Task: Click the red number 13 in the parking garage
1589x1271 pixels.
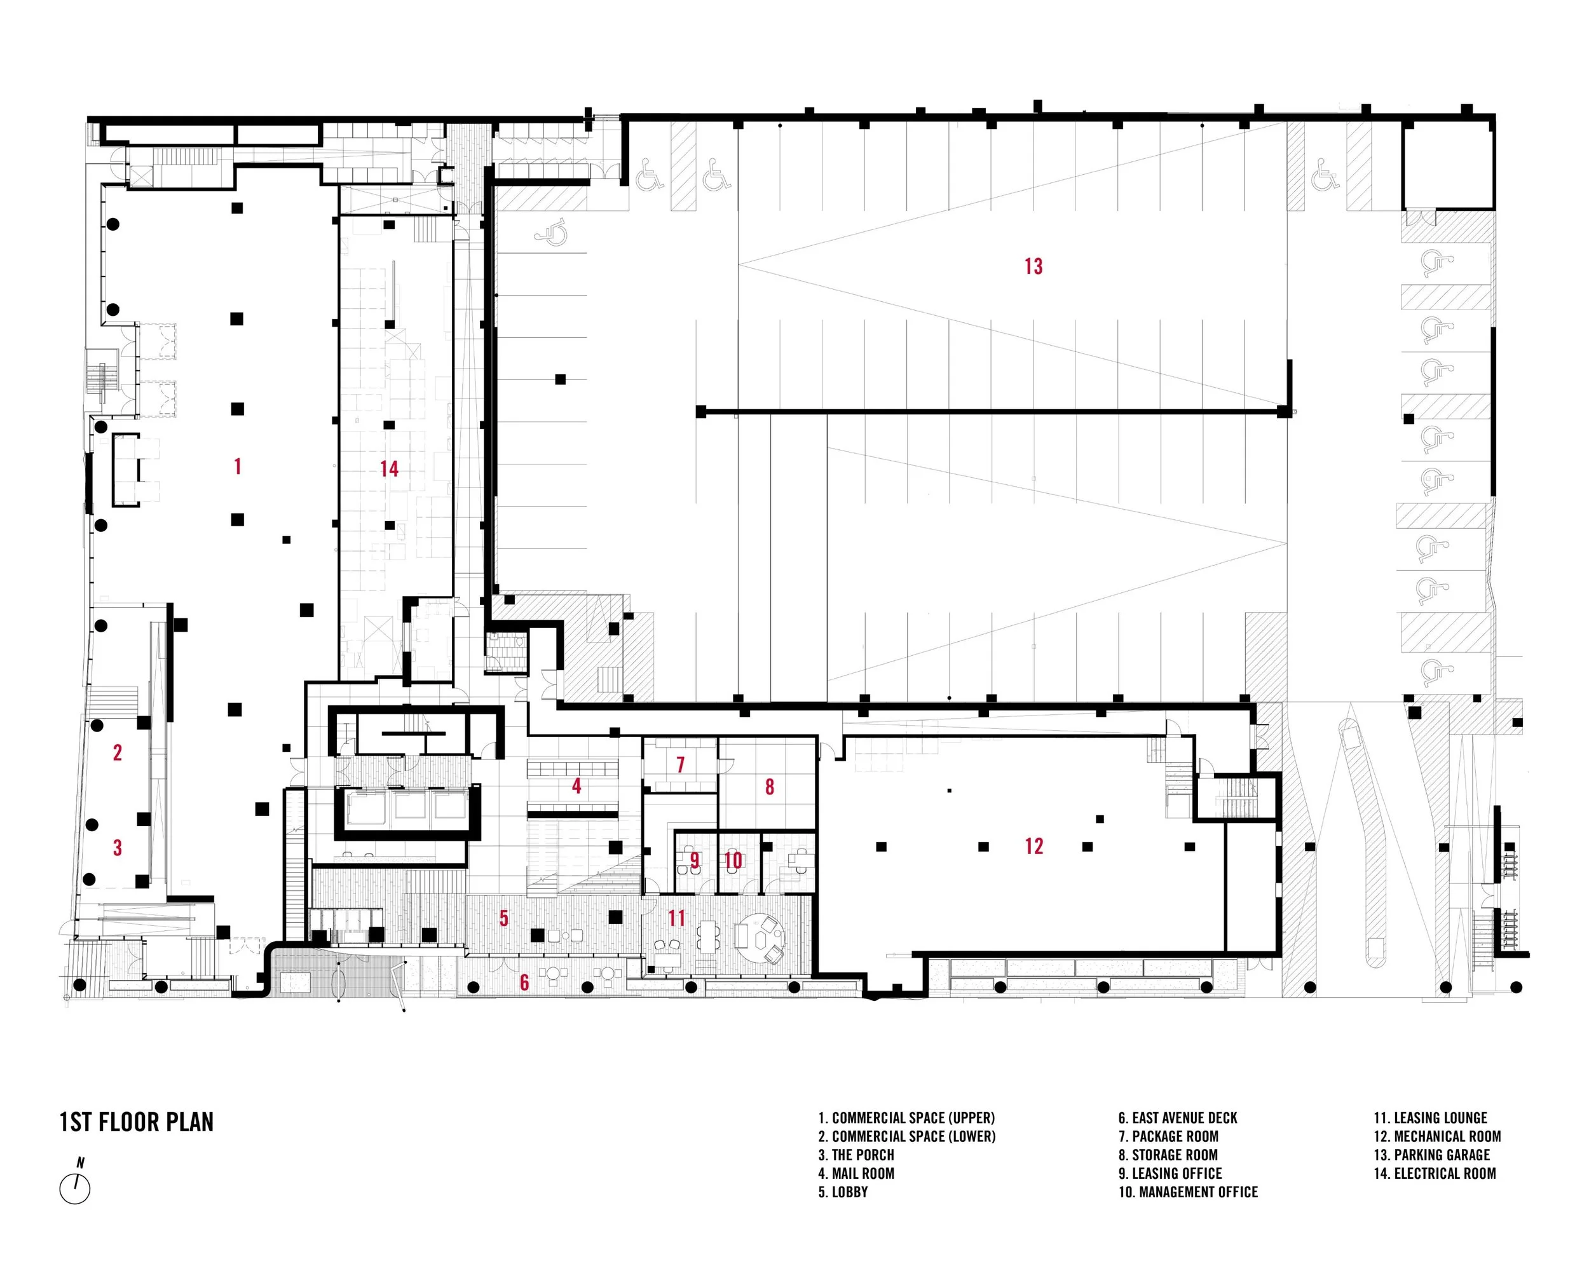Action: [x=1033, y=266]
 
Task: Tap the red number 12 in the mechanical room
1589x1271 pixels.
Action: [x=1033, y=846]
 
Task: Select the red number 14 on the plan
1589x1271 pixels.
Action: [x=389, y=468]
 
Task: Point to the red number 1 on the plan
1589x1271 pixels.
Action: [x=237, y=466]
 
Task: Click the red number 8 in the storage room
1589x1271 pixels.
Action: [x=770, y=787]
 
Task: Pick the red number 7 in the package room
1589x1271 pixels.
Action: [x=680, y=765]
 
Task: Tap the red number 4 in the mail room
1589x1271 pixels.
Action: [x=576, y=786]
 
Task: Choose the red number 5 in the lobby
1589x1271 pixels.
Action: [x=504, y=918]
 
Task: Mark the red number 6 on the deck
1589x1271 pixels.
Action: [x=524, y=982]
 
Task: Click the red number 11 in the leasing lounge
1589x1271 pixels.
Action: [x=676, y=918]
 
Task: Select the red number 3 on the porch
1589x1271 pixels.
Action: [x=117, y=848]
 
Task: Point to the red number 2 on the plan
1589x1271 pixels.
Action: [x=117, y=752]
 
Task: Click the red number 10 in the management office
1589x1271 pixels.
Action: [x=733, y=860]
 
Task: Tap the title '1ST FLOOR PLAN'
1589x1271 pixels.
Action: [x=137, y=1122]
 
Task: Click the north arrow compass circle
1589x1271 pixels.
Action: [x=74, y=1188]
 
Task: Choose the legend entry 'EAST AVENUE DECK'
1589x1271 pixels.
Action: [x=1177, y=1118]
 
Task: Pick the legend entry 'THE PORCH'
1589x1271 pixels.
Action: [x=856, y=1155]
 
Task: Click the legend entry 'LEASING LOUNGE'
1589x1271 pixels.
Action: [x=1430, y=1118]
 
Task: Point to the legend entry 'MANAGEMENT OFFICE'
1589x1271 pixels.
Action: [x=1188, y=1192]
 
